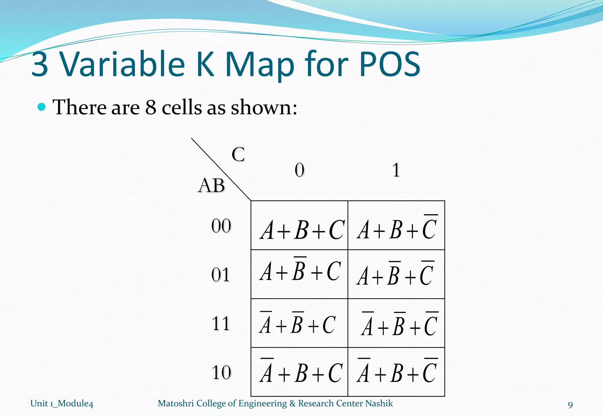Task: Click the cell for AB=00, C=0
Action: (299, 226)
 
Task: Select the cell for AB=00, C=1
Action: (396, 226)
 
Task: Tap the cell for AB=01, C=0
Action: (299, 274)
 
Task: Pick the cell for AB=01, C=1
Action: (396, 274)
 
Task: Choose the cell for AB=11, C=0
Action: (299, 323)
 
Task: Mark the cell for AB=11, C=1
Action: (396, 323)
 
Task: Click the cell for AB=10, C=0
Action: (299, 372)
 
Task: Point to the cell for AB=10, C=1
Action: (396, 372)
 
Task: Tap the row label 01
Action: (221, 275)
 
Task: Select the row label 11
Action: (221, 324)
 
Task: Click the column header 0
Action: (299, 170)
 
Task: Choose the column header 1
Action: (396, 170)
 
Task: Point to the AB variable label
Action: (211, 186)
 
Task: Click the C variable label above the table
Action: (238, 154)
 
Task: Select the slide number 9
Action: (570, 405)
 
